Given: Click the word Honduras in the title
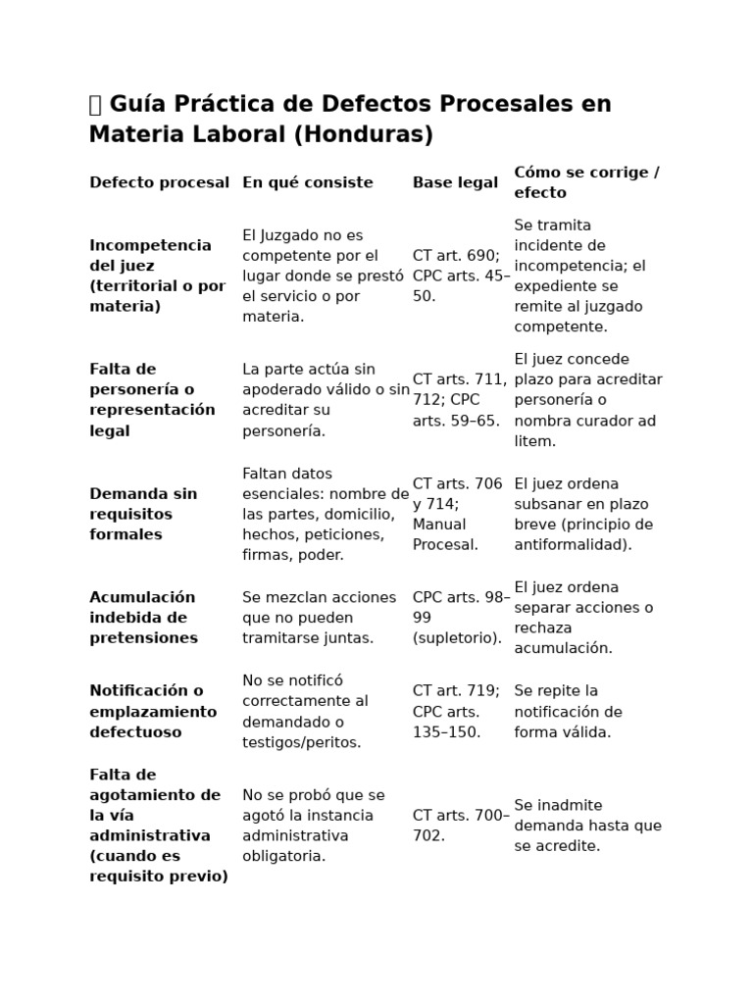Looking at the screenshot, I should pos(363,135).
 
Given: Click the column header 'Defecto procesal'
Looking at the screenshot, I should pos(159,182).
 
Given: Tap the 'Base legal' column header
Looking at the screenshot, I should pos(455,182).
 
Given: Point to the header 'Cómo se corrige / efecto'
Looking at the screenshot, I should pos(586,182).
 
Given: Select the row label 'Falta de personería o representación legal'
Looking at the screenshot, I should pos(152,400).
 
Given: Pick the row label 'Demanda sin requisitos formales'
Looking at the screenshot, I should pos(143,514).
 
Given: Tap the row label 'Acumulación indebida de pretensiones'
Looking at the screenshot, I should pos(143,618).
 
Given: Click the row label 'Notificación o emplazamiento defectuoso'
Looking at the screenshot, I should pos(153,712).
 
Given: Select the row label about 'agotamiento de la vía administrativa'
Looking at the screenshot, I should pos(158,826).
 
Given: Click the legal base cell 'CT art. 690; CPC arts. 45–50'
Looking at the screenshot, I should pos(461,276).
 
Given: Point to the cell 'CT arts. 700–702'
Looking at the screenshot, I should pos(461,826).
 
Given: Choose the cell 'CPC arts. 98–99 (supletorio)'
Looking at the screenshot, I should pos(461,618).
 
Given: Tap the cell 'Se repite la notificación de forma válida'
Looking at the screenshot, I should pos(569,712).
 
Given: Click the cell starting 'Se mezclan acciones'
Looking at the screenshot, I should pos(320,618).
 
